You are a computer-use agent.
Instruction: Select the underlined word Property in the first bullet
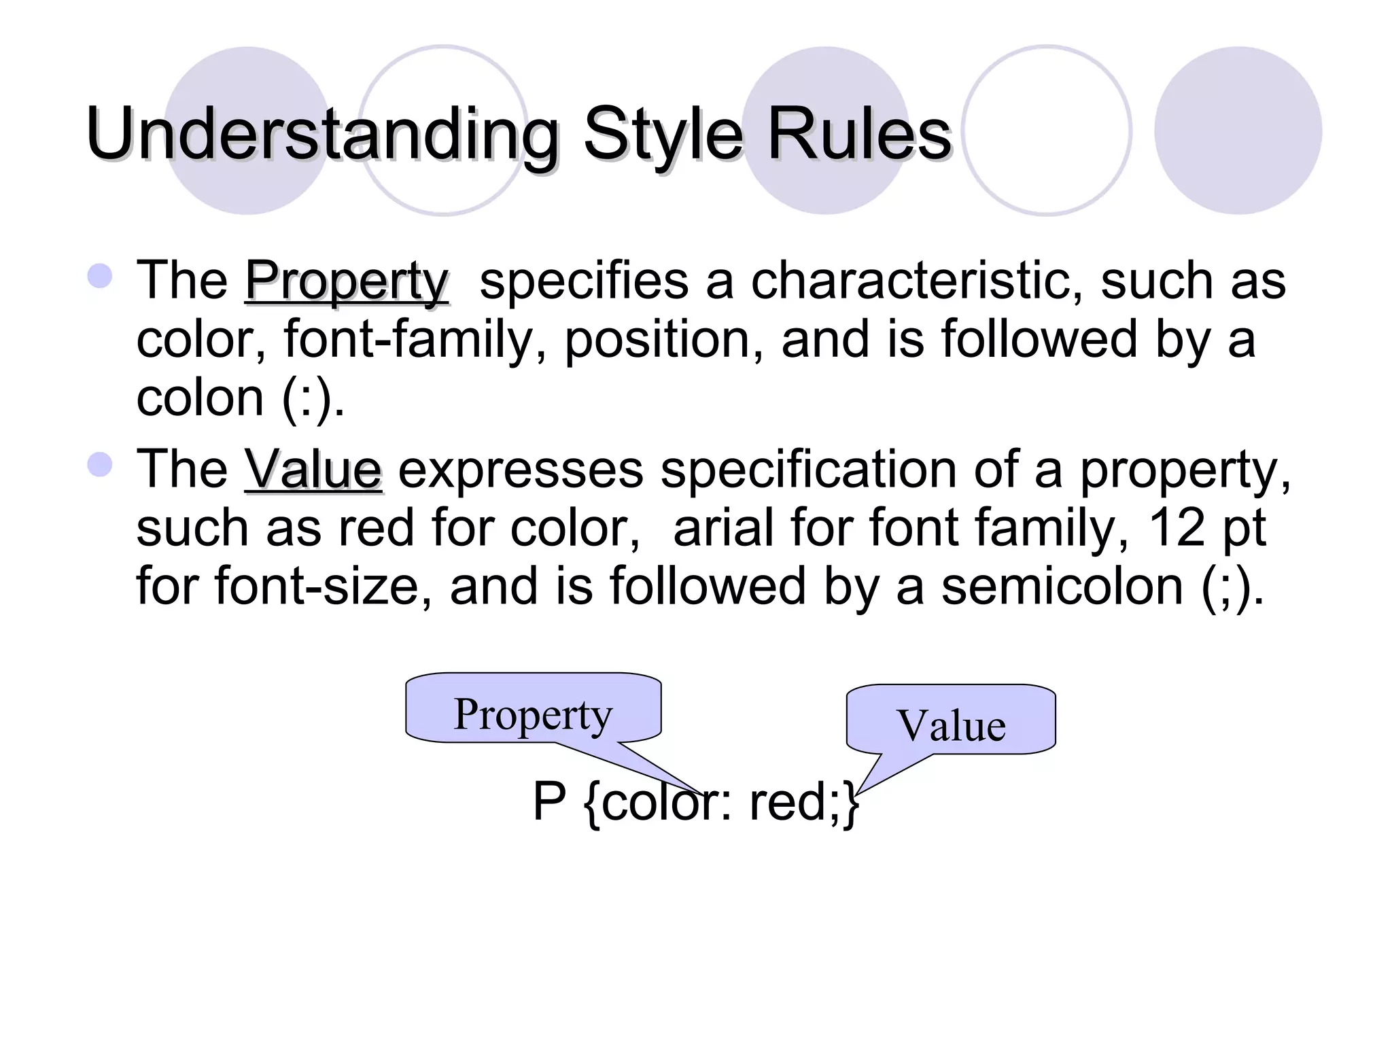[x=347, y=281]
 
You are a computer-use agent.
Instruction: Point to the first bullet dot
[x=100, y=276]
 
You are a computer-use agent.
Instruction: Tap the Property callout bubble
[x=534, y=711]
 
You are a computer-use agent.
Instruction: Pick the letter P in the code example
[x=549, y=802]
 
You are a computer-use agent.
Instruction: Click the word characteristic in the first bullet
[x=916, y=281]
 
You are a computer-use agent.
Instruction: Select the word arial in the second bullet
[x=723, y=528]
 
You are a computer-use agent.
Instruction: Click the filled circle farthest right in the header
[x=1238, y=130]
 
